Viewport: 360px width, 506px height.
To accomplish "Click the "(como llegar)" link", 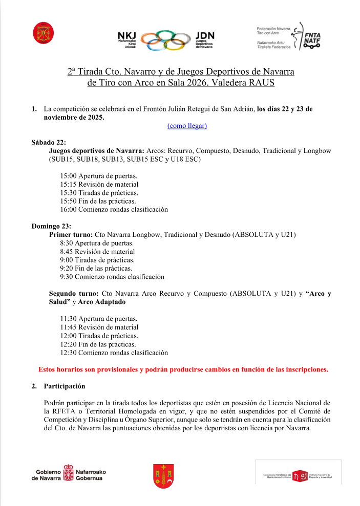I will [187, 125].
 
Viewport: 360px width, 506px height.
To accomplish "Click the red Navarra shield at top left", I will [40, 33].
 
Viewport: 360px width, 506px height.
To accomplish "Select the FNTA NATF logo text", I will [312, 37].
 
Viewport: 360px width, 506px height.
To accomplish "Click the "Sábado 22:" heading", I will [49, 142].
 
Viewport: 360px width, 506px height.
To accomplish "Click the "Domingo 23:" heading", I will [51, 226].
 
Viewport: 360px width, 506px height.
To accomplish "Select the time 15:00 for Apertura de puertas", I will [69, 175].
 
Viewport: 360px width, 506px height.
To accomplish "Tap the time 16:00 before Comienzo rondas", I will [69, 209].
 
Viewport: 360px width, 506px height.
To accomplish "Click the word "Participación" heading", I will [65, 386].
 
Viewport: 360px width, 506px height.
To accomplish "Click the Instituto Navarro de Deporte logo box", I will [298, 471].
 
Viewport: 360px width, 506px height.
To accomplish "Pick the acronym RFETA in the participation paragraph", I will [69, 411].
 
